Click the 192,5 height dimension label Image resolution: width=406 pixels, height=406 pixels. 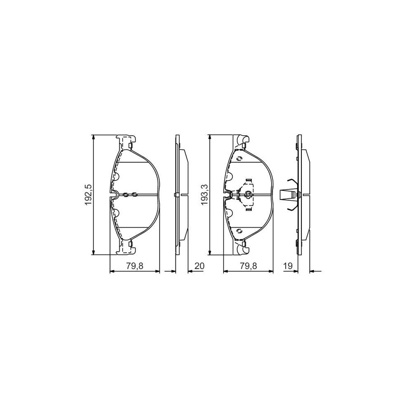(x=88, y=194)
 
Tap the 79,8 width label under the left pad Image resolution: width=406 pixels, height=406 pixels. (x=134, y=266)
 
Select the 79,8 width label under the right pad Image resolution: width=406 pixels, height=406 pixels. (x=248, y=266)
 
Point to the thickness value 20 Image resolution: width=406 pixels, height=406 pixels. (x=199, y=266)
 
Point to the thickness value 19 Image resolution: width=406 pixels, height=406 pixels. (x=286, y=266)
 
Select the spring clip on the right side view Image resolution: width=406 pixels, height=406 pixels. (x=289, y=194)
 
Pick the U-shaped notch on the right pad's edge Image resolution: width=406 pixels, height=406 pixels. (x=230, y=195)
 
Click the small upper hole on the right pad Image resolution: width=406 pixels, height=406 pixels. (x=239, y=158)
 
